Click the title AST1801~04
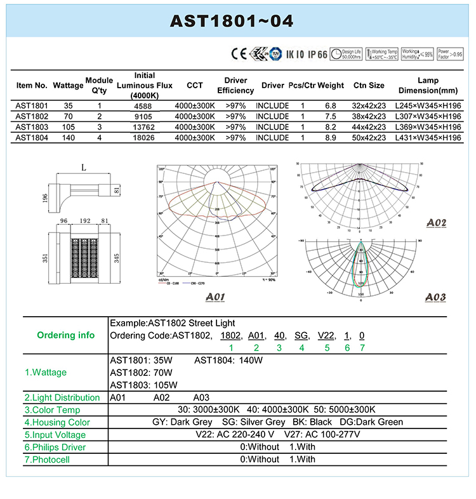[x=232, y=21]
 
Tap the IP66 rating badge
[x=318, y=55]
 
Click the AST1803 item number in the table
[x=32, y=127]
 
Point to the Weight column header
[x=331, y=85]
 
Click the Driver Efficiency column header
[x=235, y=85]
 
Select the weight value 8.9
[x=331, y=137]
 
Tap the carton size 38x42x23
[x=369, y=116]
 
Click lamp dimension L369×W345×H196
[x=428, y=127]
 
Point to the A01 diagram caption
[x=217, y=296]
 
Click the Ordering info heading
[x=66, y=335]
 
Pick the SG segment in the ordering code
[x=301, y=335]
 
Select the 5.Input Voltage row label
[x=55, y=435]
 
